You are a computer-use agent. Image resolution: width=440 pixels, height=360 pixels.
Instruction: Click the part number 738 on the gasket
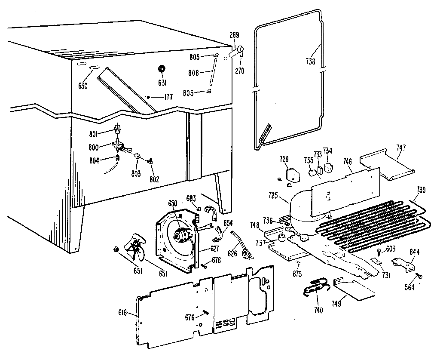pyautogui.click(x=311, y=62)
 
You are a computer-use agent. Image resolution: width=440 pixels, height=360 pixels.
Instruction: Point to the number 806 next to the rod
pyautogui.click(x=193, y=74)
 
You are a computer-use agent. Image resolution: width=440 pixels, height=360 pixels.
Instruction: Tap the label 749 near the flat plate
pyautogui.click(x=336, y=303)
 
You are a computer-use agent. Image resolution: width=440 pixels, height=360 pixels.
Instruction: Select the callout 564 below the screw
pyautogui.click(x=409, y=287)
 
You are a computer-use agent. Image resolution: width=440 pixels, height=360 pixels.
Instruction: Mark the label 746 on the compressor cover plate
pyautogui.click(x=347, y=162)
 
